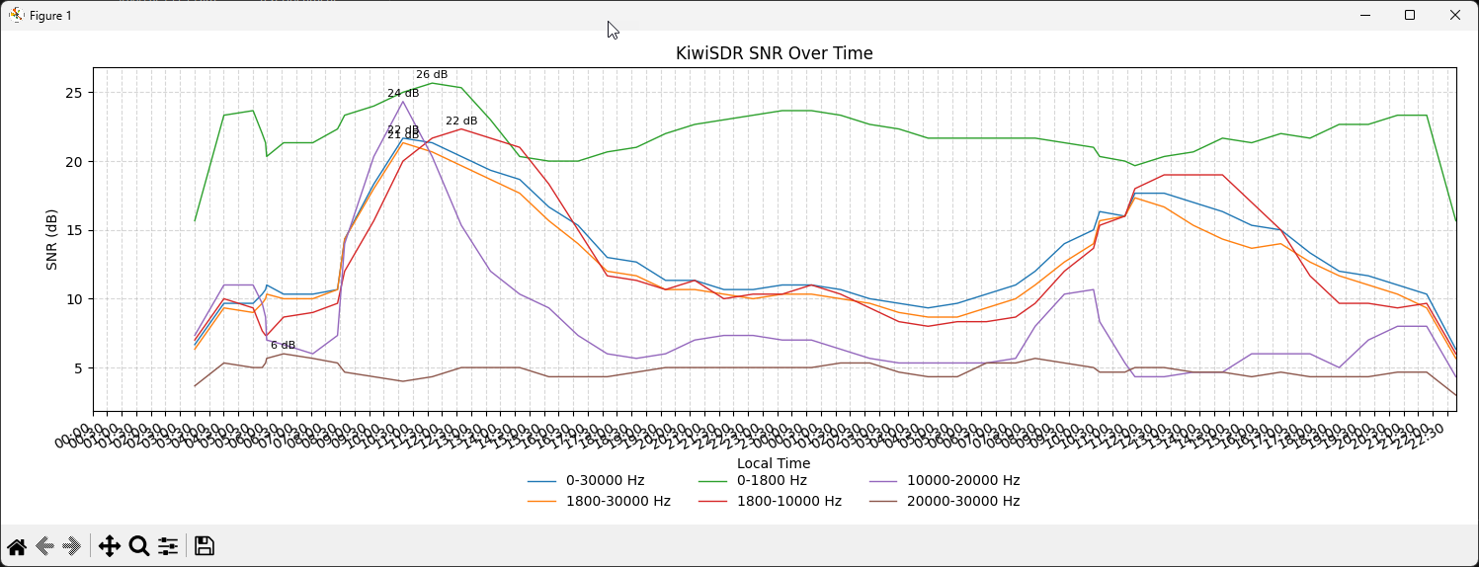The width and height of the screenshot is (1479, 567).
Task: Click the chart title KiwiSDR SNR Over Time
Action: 774,53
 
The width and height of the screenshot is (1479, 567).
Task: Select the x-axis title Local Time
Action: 774,463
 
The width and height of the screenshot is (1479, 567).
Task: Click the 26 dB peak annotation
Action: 432,75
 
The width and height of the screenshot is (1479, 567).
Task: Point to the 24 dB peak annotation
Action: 403,94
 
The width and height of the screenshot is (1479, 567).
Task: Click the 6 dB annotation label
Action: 283,346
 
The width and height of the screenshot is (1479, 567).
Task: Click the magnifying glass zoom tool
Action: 138,546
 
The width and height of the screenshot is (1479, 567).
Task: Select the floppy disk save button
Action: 205,546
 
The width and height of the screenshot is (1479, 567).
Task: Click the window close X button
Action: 1454,15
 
